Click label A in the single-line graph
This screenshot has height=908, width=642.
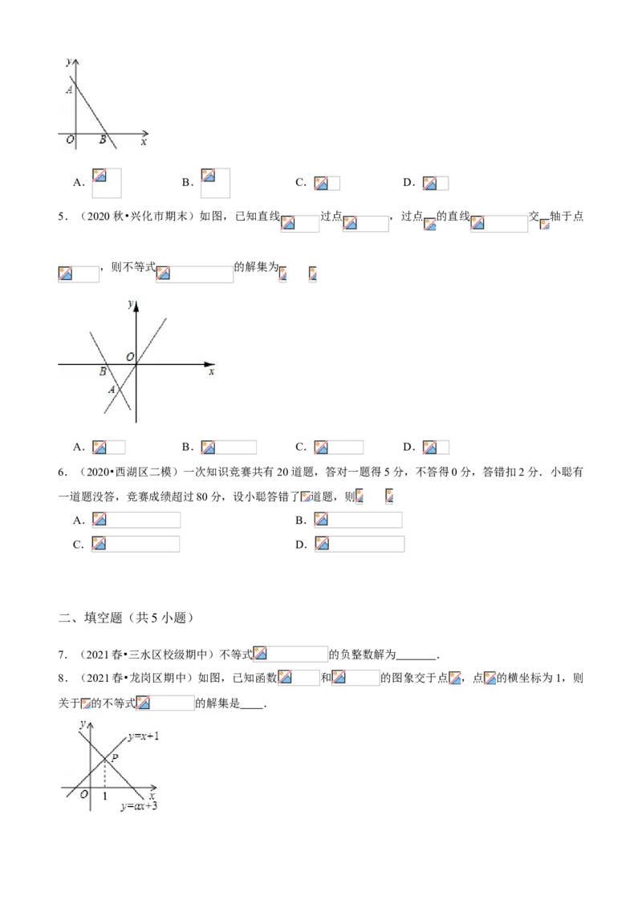click(70, 91)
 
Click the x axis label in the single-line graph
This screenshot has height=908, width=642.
click(144, 142)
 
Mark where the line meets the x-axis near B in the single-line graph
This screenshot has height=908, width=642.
click(107, 132)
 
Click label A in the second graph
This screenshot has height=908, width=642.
click(112, 390)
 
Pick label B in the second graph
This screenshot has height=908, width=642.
click(102, 371)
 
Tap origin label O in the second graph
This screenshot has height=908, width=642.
click(128, 356)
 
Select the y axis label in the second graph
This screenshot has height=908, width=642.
click(129, 303)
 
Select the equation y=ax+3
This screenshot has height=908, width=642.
click(139, 805)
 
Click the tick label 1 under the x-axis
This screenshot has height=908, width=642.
click(106, 796)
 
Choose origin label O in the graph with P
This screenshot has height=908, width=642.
click(83, 794)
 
